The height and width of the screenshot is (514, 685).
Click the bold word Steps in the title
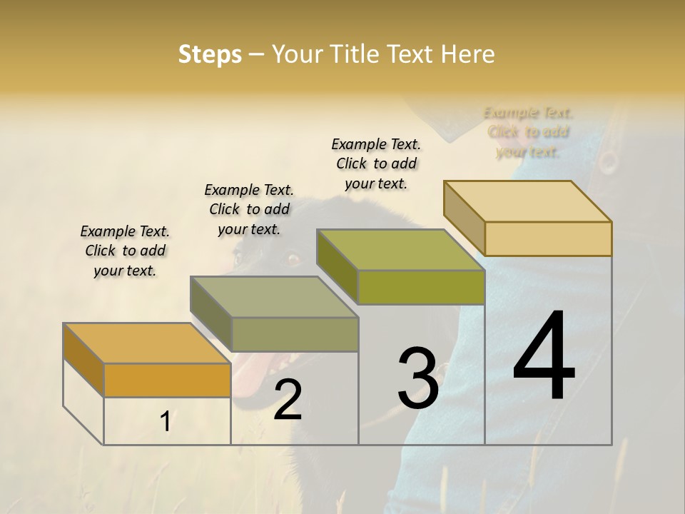click(x=210, y=54)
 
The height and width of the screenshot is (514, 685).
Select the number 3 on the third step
click(x=417, y=378)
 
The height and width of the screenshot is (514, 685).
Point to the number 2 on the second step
click(x=288, y=400)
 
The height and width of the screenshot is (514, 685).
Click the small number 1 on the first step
click(x=165, y=421)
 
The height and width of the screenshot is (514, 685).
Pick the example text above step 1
click(x=125, y=251)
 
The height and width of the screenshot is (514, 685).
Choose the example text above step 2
click(x=249, y=209)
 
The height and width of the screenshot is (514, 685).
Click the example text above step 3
click(x=376, y=163)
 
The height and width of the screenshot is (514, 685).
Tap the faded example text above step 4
click(x=528, y=132)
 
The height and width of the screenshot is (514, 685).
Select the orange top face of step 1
click(x=146, y=343)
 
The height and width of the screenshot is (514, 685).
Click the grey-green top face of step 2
click(x=273, y=297)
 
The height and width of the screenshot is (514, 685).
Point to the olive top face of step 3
click(x=400, y=250)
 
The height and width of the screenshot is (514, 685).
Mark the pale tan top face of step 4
click(x=527, y=201)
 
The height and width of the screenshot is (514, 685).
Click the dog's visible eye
click(x=293, y=257)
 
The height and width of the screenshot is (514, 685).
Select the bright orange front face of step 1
click(x=167, y=380)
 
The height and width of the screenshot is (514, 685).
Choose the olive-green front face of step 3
click(x=421, y=288)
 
